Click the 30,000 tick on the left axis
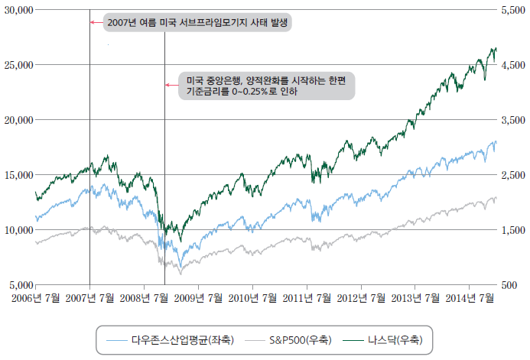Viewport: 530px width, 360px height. point(18,10)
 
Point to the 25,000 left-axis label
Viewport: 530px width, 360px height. point(18,65)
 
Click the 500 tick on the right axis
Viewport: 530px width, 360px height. point(508,284)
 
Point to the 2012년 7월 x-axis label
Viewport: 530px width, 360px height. point(360,298)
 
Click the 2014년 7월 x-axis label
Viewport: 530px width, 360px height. point(469,298)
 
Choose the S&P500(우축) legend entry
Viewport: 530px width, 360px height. point(301,339)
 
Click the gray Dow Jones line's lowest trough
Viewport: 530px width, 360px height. point(180,273)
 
